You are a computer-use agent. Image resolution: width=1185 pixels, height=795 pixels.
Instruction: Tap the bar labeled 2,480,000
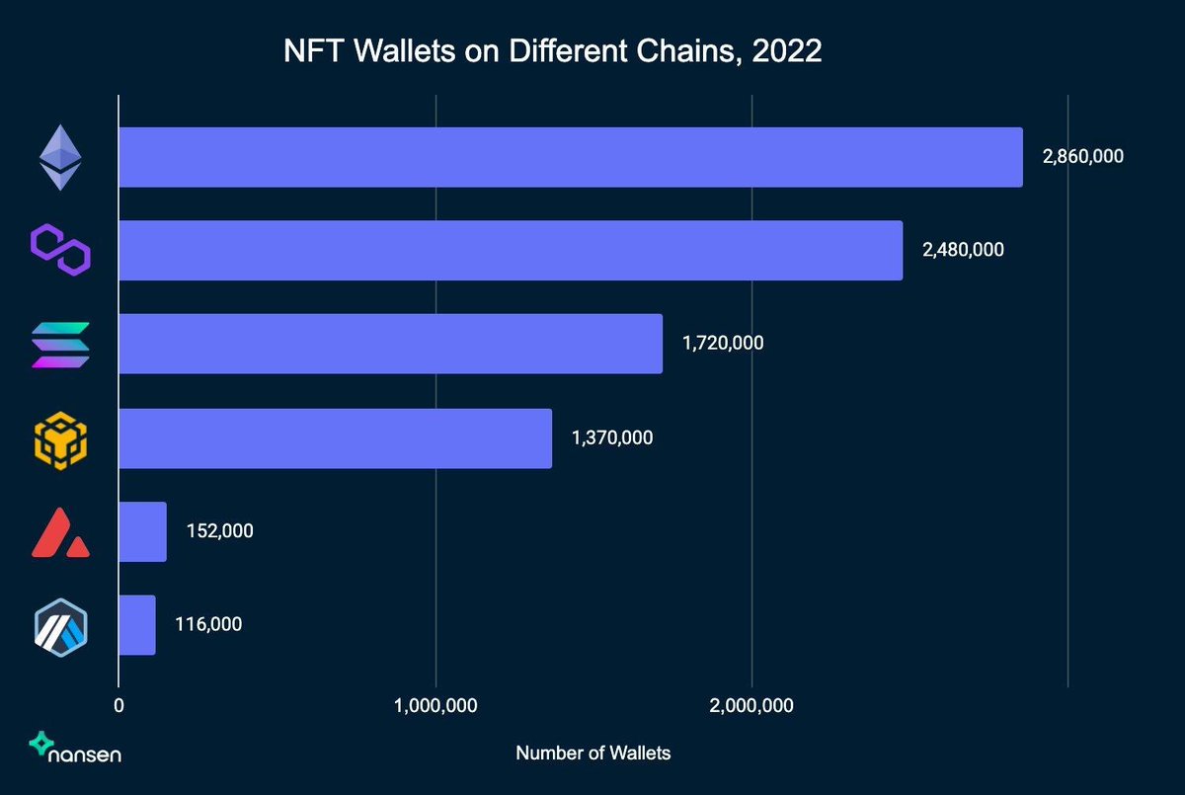pos(511,251)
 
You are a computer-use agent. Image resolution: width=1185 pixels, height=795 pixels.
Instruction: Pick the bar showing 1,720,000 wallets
pos(390,344)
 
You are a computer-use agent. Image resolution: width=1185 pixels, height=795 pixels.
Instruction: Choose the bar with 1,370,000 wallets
pos(335,437)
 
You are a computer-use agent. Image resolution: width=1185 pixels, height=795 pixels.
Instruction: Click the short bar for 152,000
pos(142,531)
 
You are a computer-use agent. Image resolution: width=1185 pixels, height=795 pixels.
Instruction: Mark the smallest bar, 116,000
pos(137,625)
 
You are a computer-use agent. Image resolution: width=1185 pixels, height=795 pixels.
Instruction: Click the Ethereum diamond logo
pos(60,157)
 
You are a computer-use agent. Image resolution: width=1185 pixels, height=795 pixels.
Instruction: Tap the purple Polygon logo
pos(60,250)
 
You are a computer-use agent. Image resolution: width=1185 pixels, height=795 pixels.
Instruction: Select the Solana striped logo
pos(60,344)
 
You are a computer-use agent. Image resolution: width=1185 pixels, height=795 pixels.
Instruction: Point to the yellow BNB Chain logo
pos(60,437)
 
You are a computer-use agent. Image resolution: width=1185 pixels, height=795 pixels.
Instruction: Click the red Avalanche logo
pos(60,533)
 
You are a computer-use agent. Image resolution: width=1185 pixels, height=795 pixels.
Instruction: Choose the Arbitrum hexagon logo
pos(60,626)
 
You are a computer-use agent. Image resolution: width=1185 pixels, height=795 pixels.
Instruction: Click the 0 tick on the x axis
pos(118,706)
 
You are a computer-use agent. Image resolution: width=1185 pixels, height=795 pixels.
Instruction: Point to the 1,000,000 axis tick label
pos(435,706)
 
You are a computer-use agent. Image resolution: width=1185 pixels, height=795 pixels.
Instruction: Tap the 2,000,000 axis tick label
pos(752,706)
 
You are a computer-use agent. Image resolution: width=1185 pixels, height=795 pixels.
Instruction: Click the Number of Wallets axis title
pos(592,754)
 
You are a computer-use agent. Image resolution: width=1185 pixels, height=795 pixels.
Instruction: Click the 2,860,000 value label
pos(1082,156)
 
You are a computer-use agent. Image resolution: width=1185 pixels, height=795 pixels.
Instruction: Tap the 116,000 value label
pos(208,624)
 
